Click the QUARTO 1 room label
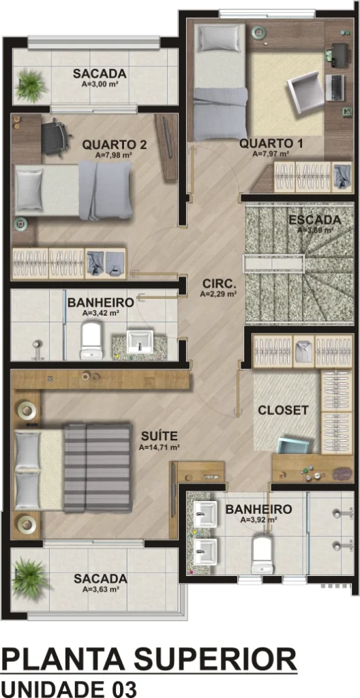coord(271,144)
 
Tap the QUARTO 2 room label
coord(115,145)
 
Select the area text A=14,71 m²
coord(159,447)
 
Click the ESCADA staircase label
coord(315,220)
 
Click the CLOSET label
coord(284,410)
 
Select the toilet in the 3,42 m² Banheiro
coord(91,341)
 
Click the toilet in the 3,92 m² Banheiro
coord(262,554)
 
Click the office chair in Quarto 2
coord(55,137)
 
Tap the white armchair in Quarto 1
coord(305,91)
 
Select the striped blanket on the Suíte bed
coord(98,468)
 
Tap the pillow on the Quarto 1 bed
coord(220,37)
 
